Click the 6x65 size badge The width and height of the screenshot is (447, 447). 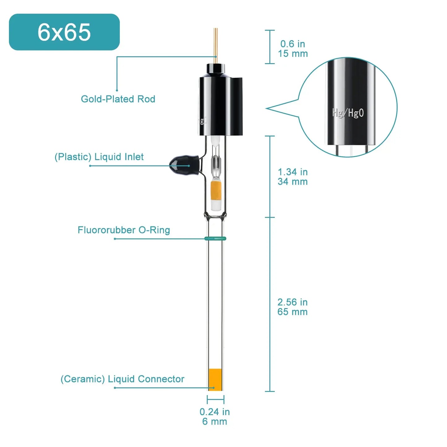pyautogui.click(x=64, y=32)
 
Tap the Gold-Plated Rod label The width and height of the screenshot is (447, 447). pyautogui.click(x=118, y=99)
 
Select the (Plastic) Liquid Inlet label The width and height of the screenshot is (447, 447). pyautogui.click(x=99, y=157)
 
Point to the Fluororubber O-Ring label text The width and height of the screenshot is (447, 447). pyautogui.click(x=124, y=230)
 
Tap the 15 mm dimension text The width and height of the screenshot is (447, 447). pyautogui.click(x=293, y=54)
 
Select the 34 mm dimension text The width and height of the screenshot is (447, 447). pyautogui.click(x=293, y=182)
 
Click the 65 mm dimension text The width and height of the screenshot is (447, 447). pyautogui.click(x=293, y=312)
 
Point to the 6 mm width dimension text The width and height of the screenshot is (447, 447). pyautogui.click(x=215, y=422)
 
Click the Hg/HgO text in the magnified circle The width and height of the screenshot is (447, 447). pyautogui.click(x=348, y=113)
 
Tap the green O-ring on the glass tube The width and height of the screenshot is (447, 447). pyautogui.click(x=215, y=238)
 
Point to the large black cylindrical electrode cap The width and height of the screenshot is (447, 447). pyautogui.click(x=220, y=103)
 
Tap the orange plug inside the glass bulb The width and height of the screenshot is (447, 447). pyautogui.click(x=216, y=191)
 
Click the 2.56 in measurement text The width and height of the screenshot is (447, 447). pyautogui.click(x=293, y=302)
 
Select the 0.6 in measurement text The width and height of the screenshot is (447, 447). pyautogui.click(x=293, y=44)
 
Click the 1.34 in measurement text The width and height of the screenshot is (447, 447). pyautogui.click(x=293, y=172)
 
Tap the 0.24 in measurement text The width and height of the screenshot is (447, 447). pyautogui.click(x=215, y=412)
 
